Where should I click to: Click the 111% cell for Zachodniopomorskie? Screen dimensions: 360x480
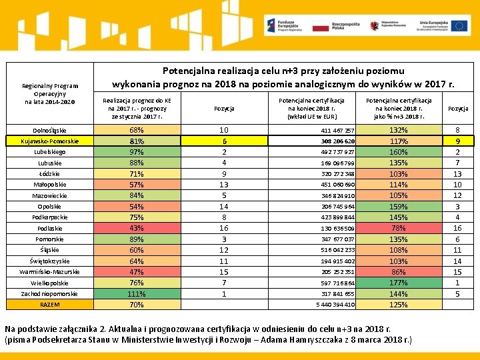(x=137, y=294)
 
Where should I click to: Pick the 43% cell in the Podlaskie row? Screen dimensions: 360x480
(x=137, y=229)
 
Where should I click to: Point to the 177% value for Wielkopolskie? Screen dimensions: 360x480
(x=398, y=283)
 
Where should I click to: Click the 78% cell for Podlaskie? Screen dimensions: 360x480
(x=398, y=229)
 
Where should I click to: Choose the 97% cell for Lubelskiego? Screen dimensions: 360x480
(x=137, y=152)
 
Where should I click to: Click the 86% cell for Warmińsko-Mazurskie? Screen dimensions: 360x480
(x=398, y=272)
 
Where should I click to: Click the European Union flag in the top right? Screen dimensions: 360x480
(x=459, y=26)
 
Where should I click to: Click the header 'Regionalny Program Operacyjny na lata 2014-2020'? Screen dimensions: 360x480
(x=49, y=93)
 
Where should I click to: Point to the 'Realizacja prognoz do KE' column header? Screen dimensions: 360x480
(x=137, y=108)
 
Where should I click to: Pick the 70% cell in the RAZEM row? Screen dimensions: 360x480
(x=137, y=305)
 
